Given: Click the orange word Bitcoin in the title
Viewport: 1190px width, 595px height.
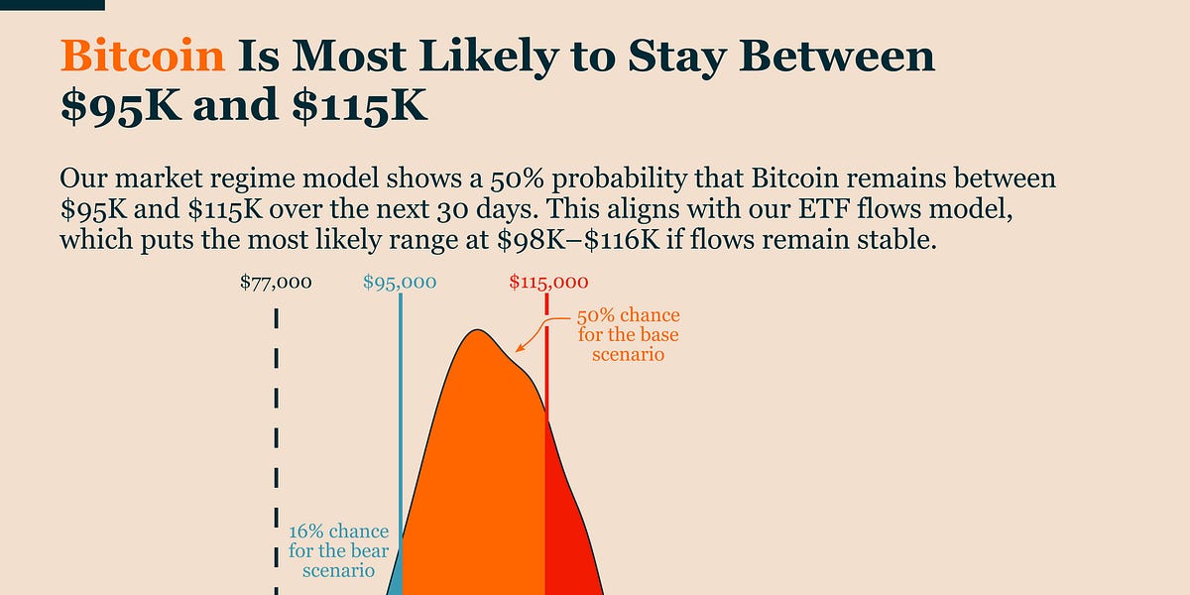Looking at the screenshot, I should (x=143, y=57).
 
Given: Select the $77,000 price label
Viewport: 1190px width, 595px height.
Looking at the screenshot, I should (x=276, y=283).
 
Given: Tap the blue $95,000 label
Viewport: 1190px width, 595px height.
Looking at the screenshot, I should (x=400, y=283).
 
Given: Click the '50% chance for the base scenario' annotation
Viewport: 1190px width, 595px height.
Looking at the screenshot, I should (x=629, y=335).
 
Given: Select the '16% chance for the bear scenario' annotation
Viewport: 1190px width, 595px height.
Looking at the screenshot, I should (x=338, y=551).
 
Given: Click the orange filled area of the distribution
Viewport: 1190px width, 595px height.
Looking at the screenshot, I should (x=476, y=466).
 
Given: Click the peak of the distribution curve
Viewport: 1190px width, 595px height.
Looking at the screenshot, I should (x=477, y=330).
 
